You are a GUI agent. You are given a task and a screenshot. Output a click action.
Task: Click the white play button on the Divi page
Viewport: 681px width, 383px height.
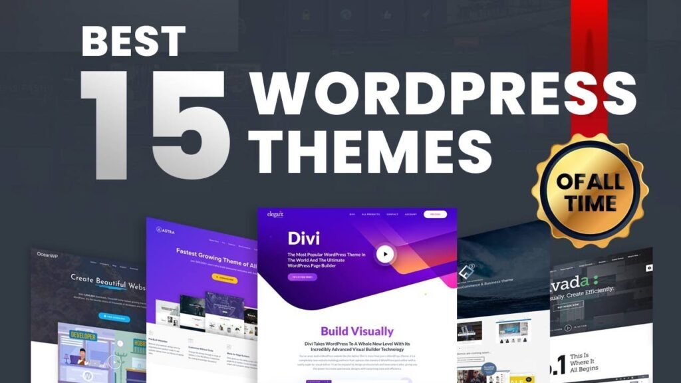point(384,253)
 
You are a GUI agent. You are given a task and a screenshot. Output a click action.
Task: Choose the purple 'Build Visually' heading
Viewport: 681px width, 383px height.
point(357,331)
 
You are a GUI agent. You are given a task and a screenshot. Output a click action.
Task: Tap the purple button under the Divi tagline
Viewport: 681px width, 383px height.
point(302,277)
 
